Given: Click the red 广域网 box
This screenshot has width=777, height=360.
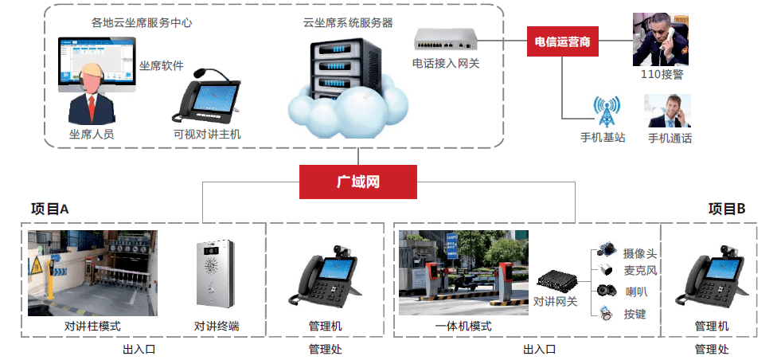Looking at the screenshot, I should click(357, 182).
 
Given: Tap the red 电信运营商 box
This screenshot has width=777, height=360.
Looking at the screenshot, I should click(563, 41).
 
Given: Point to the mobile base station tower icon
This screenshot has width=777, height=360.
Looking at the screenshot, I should click(605, 111).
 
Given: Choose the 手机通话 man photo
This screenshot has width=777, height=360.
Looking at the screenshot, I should click(667, 111).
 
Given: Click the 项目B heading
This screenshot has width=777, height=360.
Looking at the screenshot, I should click(726, 209).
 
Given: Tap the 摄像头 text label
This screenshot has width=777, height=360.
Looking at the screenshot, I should click(640, 253).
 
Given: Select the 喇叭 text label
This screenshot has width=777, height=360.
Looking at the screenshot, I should click(635, 292).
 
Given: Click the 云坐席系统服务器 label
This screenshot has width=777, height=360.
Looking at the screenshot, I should click(348, 23).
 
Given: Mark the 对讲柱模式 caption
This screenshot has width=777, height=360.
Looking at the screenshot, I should click(92, 326).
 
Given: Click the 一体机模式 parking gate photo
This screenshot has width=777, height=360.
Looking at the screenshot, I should click(463, 272).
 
